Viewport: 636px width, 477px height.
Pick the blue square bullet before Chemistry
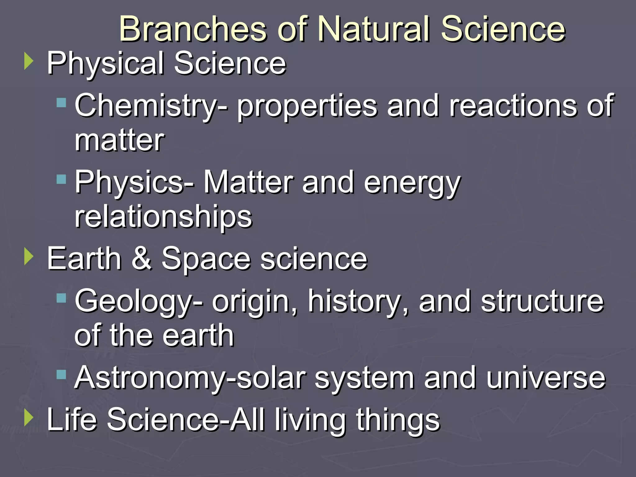(x=61, y=103)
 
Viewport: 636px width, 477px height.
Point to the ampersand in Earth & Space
(x=142, y=258)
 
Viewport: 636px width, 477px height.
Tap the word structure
(x=542, y=301)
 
